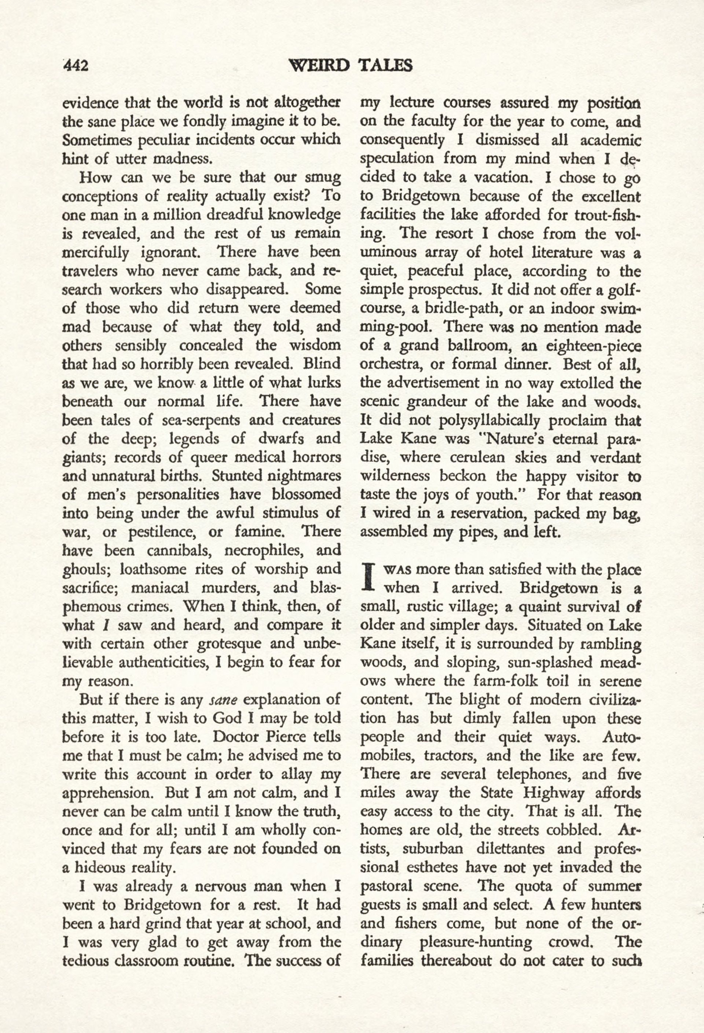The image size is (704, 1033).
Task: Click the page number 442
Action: [76, 66]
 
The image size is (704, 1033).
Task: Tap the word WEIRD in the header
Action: [319, 65]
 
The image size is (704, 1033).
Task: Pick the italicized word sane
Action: [223, 700]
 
